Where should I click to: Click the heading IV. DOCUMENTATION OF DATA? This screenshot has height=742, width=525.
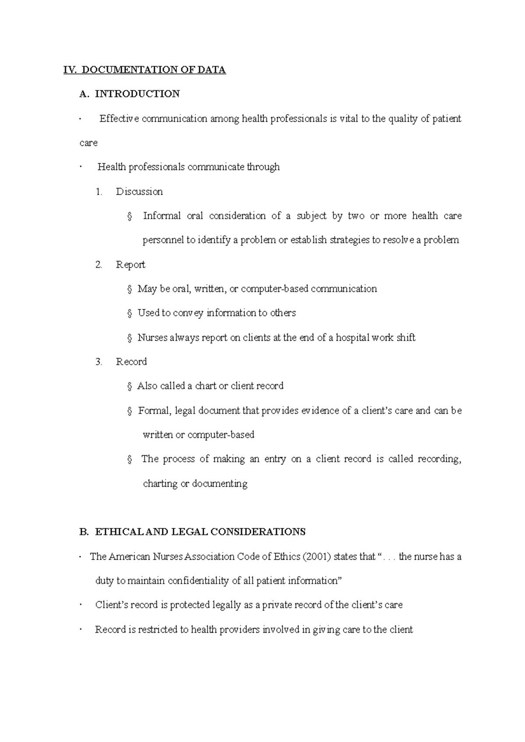coord(144,70)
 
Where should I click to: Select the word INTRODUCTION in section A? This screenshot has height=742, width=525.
coord(137,94)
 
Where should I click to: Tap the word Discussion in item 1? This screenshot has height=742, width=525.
coord(139,191)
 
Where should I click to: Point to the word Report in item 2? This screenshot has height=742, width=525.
coord(130,265)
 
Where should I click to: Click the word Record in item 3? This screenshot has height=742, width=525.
coord(131,362)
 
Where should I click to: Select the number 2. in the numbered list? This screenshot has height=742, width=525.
coord(98,265)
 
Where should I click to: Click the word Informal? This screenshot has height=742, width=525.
coord(161,216)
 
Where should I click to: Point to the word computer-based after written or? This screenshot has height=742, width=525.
coord(220,435)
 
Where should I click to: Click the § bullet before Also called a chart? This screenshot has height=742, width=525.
coord(129,386)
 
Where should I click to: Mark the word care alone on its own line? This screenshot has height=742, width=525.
coord(88,143)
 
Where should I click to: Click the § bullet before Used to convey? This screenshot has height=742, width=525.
coord(129,313)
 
